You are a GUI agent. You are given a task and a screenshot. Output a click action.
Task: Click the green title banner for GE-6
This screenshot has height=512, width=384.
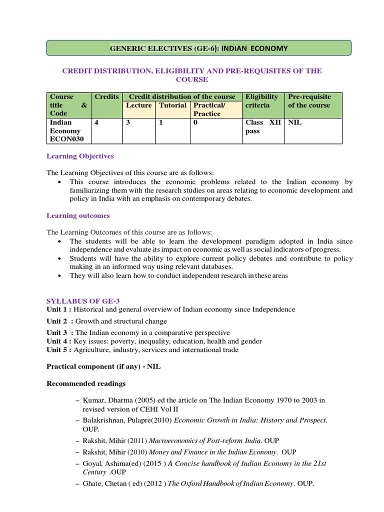pyautogui.click(x=198, y=48)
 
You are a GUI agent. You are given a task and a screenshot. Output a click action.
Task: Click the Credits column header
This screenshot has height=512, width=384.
pyautogui.click(x=106, y=97)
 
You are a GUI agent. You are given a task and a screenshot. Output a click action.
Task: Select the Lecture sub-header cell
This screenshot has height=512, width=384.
pyautogui.click(x=138, y=105)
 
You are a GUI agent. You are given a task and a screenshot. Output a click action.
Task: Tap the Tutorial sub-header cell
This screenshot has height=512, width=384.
pyautogui.click(x=172, y=105)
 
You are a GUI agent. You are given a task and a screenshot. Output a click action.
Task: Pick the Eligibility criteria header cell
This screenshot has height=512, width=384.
pyautogui.click(x=262, y=101)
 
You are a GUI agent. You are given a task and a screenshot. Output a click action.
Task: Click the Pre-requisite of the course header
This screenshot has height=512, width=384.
pyautogui.click(x=309, y=101)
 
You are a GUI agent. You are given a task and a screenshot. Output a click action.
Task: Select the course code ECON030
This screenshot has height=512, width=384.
pyautogui.click(x=67, y=139)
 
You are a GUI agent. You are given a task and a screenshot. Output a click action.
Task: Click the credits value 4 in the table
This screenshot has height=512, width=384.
pyautogui.click(x=96, y=122)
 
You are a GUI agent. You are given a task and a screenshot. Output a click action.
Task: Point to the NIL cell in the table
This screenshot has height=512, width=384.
pyautogui.click(x=295, y=122)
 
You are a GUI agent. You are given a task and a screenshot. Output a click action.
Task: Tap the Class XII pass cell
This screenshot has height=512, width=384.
pyautogui.click(x=262, y=126)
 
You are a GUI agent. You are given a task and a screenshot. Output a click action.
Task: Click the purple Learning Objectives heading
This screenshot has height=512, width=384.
pyautogui.click(x=80, y=156)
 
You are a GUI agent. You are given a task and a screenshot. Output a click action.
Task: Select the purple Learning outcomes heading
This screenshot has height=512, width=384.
pyautogui.click(x=78, y=216)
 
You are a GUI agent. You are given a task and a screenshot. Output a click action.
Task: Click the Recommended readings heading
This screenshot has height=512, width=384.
pyautogui.click(x=86, y=384)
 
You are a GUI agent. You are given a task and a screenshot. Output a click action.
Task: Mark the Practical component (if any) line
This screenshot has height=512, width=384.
pyautogui.click(x=103, y=366)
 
